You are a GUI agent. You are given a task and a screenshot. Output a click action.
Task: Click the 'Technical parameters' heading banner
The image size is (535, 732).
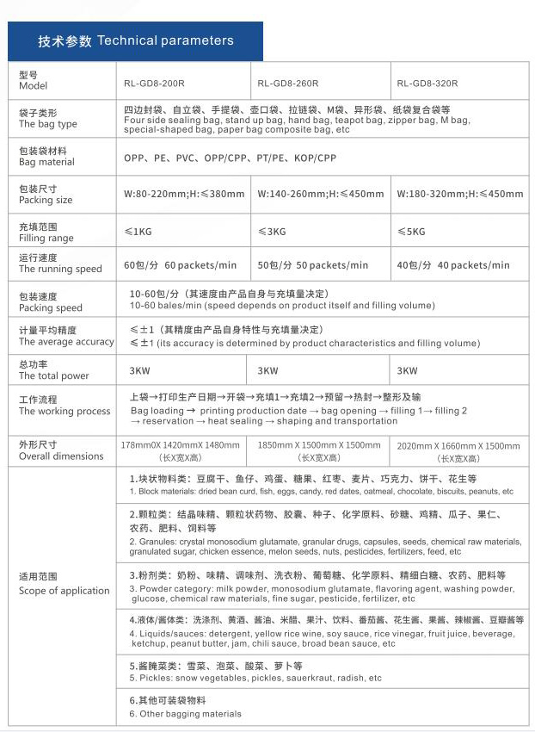coord(136,40)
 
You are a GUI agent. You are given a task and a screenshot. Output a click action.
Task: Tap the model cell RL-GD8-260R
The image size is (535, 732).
coord(288,84)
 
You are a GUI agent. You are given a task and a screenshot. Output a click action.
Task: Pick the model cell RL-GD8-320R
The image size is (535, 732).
coord(427,84)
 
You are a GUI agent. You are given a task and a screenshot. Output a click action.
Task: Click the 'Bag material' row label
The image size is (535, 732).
coord(47,156)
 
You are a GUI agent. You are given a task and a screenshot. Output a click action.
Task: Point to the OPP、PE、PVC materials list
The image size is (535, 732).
coord(230,158)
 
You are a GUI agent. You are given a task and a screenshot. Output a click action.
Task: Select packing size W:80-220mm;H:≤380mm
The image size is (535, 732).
coord(184,195)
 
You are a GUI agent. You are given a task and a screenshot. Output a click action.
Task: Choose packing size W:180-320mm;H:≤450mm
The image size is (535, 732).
coord(459,195)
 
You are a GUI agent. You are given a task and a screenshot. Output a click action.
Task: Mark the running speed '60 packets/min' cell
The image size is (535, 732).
coord(180,264)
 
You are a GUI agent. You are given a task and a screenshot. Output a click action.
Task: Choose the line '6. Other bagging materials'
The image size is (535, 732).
coord(186,713)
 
